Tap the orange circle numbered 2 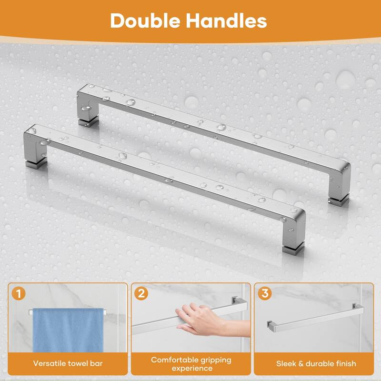pos(140,293)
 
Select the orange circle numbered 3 pos(264,293)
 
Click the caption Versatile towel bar pos(68,363)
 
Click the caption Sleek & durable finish pos(316,363)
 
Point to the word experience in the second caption pos(190,369)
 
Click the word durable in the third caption pos(321,363)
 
